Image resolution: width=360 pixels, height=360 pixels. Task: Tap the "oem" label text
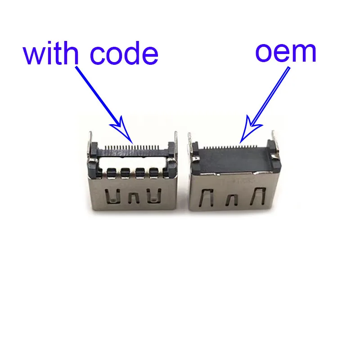pos(286,53)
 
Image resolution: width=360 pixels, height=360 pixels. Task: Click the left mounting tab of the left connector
pos(91,144)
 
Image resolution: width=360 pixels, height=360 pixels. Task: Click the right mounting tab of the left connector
pos(175,143)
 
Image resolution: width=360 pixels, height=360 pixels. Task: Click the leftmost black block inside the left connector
pos(111,171)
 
